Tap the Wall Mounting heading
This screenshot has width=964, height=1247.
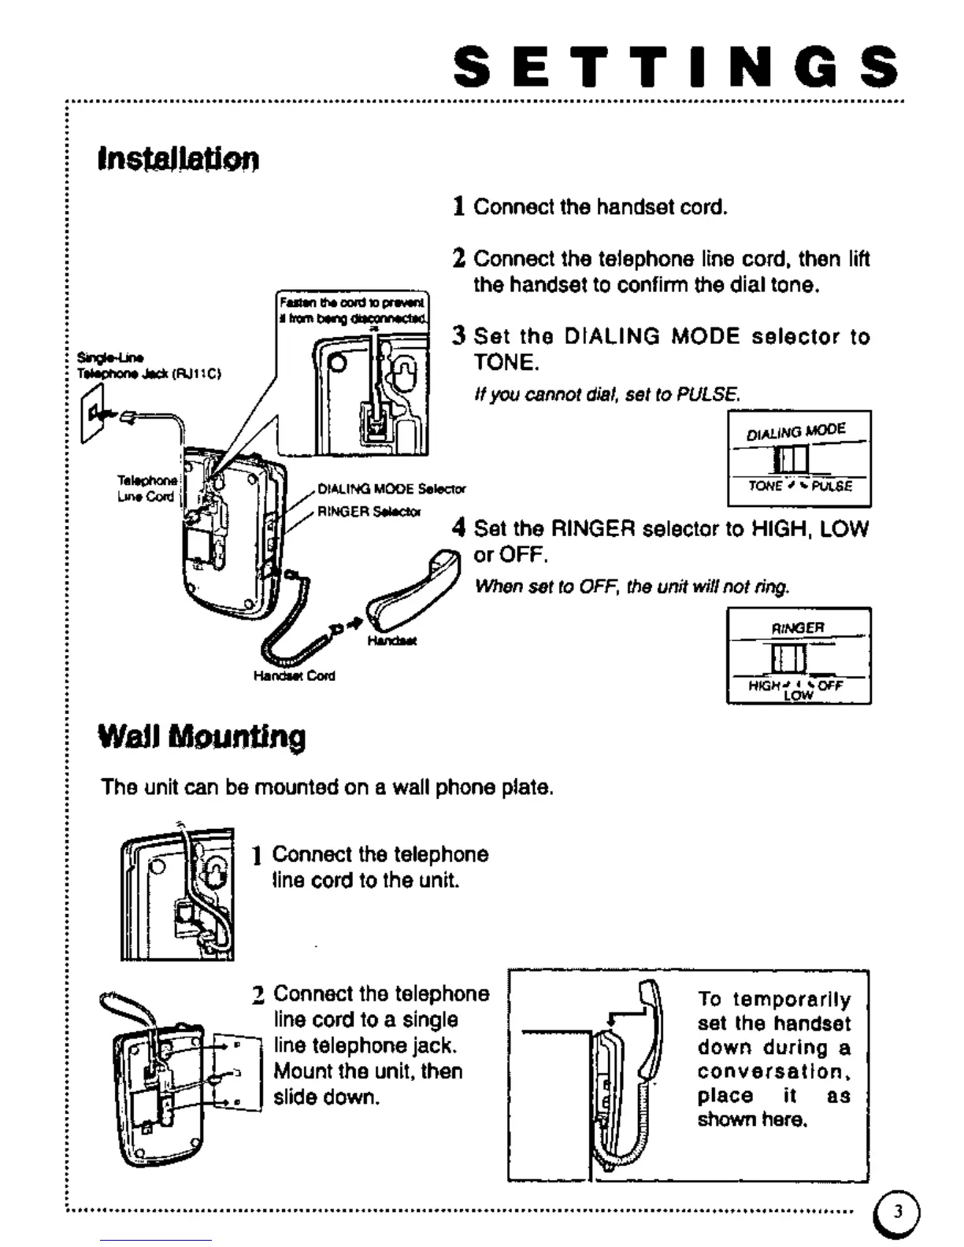(x=202, y=737)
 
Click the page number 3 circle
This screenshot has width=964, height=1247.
(x=896, y=1212)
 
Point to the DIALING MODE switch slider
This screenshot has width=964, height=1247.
(x=791, y=458)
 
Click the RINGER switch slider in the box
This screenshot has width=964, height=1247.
(x=788, y=657)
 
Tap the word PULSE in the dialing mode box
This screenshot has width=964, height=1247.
(x=832, y=487)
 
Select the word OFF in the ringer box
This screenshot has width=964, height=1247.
(x=830, y=685)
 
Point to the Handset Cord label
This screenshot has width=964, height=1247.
(x=294, y=675)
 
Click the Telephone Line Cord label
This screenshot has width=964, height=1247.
(x=146, y=488)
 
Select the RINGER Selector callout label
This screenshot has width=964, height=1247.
(x=369, y=512)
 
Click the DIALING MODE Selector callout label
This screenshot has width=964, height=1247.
(x=391, y=489)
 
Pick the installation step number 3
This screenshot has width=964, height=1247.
(x=460, y=336)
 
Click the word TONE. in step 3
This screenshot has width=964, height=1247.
(x=506, y=362)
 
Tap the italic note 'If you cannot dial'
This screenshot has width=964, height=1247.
(x=606, y=394)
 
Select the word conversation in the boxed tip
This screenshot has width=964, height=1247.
(x=773, y=1071)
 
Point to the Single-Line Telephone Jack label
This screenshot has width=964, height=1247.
(x=148, y=366)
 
